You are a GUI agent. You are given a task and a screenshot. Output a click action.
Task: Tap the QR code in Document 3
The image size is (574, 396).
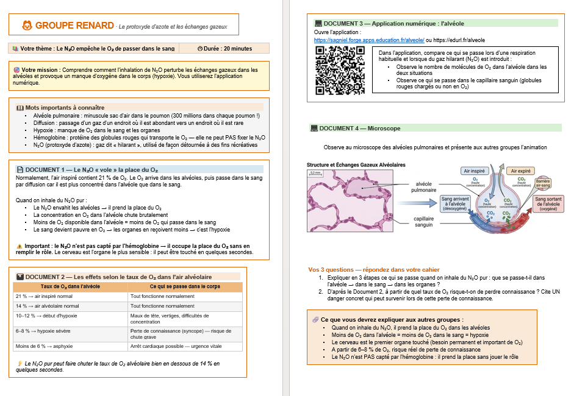coord(340,71)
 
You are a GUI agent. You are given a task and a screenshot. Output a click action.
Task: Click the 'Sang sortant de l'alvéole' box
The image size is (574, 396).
coord(549,203)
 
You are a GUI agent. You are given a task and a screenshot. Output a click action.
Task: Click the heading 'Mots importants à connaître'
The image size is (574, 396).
coord(61,107)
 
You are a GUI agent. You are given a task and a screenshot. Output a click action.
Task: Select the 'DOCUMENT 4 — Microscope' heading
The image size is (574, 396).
coord(360,129)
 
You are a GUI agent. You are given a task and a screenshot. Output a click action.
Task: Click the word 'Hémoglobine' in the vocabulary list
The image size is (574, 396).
coord(51,138)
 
